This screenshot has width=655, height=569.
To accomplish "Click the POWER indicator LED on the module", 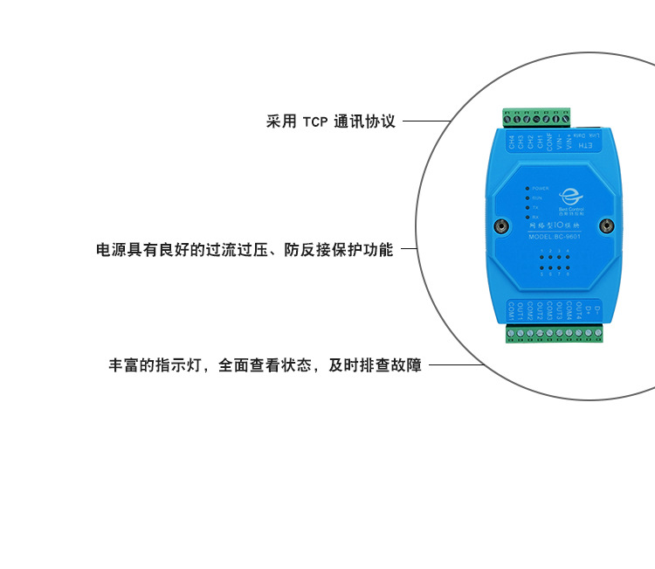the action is coord(527,188).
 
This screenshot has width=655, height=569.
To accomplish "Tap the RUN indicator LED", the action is coord(527,198).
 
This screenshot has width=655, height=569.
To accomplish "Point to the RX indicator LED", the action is coord(527,216).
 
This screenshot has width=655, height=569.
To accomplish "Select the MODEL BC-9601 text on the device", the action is coord(555,237).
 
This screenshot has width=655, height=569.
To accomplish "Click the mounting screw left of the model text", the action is coord(501,226).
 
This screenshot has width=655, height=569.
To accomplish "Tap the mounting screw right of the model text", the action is coord(606,226).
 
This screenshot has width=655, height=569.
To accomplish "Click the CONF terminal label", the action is coord(549,142).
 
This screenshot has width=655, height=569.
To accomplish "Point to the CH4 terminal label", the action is coord(511,141).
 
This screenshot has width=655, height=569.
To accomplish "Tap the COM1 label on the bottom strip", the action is coord(510,311).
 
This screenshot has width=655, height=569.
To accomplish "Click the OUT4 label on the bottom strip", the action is coord(579,310).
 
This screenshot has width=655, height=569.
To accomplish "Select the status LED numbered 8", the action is coord(568,269).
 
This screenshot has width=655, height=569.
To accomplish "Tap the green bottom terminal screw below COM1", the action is coord(511,333).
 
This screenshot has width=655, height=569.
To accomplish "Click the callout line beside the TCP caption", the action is coord(426,121).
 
